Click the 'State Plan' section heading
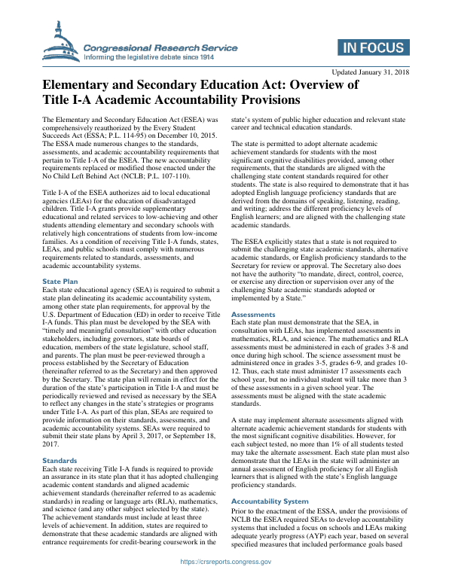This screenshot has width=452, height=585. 61,282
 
